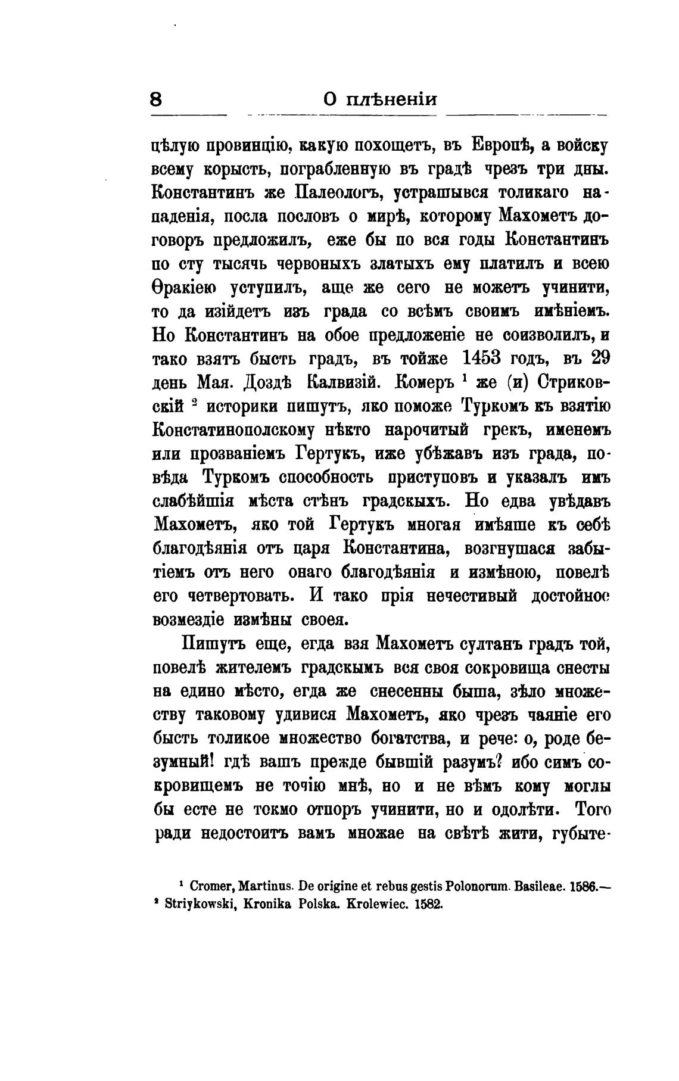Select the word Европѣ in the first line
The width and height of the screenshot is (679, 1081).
pos(502,145)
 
